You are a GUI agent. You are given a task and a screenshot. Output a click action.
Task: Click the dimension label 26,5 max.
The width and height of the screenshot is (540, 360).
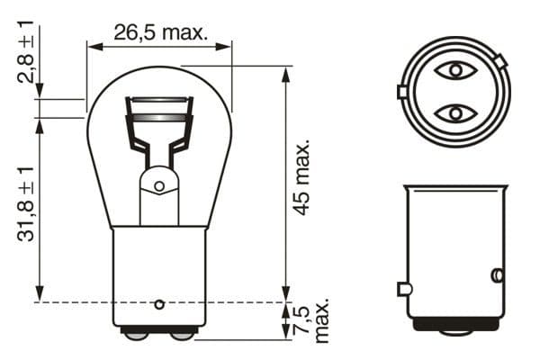[159, 32]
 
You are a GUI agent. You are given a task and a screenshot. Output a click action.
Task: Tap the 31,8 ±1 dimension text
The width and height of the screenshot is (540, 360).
[27, 202]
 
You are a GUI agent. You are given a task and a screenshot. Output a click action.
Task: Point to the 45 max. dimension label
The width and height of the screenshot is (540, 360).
[303, 176]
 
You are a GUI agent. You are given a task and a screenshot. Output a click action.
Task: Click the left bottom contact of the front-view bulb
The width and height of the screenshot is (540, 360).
[136, 335]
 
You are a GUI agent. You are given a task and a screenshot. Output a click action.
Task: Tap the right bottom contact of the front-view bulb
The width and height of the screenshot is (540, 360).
[182, 335]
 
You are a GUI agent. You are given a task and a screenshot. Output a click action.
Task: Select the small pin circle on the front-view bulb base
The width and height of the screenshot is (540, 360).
[159, 302]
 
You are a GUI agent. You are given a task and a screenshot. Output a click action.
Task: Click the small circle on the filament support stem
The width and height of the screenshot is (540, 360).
[159, 187]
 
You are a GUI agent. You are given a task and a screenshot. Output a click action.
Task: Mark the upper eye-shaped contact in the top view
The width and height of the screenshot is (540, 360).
[454, 71]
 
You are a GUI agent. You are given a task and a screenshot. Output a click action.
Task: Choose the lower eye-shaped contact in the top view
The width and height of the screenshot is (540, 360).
[454, 112]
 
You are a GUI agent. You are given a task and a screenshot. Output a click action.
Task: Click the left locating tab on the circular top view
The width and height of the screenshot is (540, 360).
[401, 92]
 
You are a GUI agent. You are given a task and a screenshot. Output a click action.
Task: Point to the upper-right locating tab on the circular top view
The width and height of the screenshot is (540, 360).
[500, 60]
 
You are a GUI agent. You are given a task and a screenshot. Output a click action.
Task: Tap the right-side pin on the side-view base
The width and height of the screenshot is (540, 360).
[496, 274]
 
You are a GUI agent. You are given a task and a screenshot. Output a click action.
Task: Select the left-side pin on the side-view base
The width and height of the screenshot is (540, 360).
[404, 289]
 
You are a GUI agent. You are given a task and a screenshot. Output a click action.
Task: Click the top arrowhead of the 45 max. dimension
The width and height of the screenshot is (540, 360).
[287, 72]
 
